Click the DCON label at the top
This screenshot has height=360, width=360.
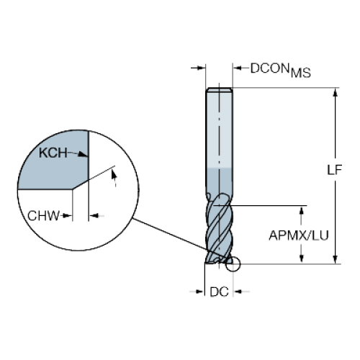[269, 68]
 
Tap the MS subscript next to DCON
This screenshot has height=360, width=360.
[301, 73]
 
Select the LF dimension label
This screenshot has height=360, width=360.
[334, 170]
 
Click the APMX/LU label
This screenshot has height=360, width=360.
[299, 235]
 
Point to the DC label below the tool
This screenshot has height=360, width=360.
[219, 292]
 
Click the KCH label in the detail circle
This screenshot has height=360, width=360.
[53, 153]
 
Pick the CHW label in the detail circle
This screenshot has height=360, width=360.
[43, 216]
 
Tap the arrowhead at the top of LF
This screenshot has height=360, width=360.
[336, 92]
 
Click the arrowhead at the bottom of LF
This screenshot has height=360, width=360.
[336, 259]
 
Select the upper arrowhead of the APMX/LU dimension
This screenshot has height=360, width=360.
[302, 210]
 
